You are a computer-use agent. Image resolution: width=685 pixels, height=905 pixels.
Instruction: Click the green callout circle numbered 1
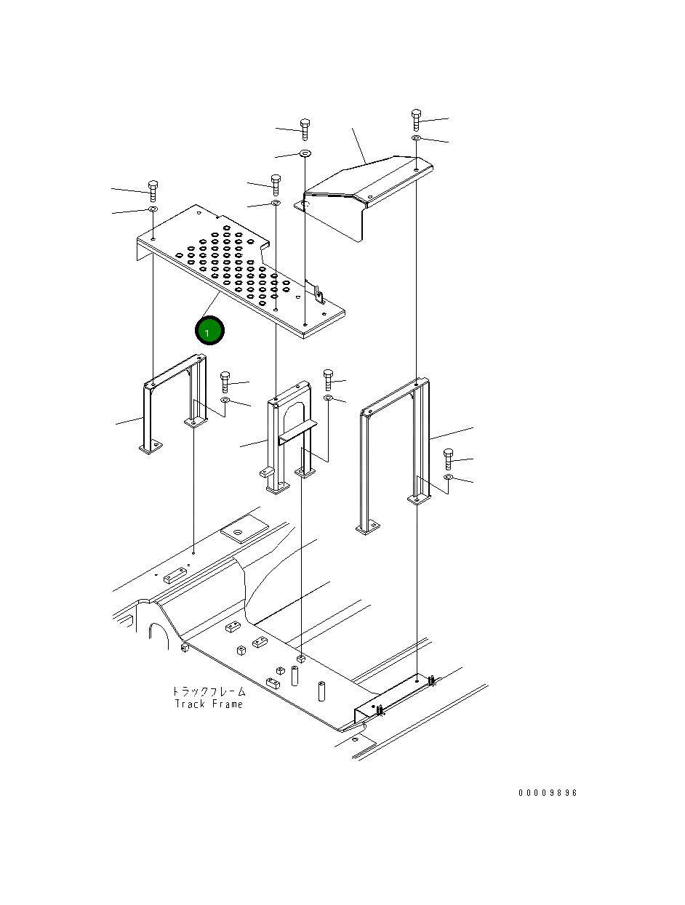[x=209, y=331]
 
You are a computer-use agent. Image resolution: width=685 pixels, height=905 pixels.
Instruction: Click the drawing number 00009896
[x=548, y=793]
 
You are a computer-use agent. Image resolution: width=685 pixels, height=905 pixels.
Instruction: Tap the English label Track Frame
[x=209, y=704]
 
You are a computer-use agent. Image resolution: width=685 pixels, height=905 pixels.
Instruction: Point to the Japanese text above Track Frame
[x=209, y=691]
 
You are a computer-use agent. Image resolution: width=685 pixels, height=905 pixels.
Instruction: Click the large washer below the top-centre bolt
[x=305, y=153]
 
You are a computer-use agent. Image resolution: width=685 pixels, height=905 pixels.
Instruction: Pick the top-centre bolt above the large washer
[x=305, y=129]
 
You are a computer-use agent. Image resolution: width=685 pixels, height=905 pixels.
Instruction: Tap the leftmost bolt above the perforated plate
[x=153, y=190]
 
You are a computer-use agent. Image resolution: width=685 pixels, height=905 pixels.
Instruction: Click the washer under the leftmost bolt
[x=153, y=209]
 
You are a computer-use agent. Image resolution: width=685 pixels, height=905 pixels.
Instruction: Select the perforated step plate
[x=240, y=269]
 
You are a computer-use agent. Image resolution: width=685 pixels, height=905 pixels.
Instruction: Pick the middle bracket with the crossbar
[x=291, y=436]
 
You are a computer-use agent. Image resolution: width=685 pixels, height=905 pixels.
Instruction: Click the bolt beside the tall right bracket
[x=449, y=459]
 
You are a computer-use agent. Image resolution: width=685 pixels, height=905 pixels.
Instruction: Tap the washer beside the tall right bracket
[x=449, y=478]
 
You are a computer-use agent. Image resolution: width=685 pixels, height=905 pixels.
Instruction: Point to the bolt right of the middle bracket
[x=328, y=378]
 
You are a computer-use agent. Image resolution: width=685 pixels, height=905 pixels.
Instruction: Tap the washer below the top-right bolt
[x=416, y=137]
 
